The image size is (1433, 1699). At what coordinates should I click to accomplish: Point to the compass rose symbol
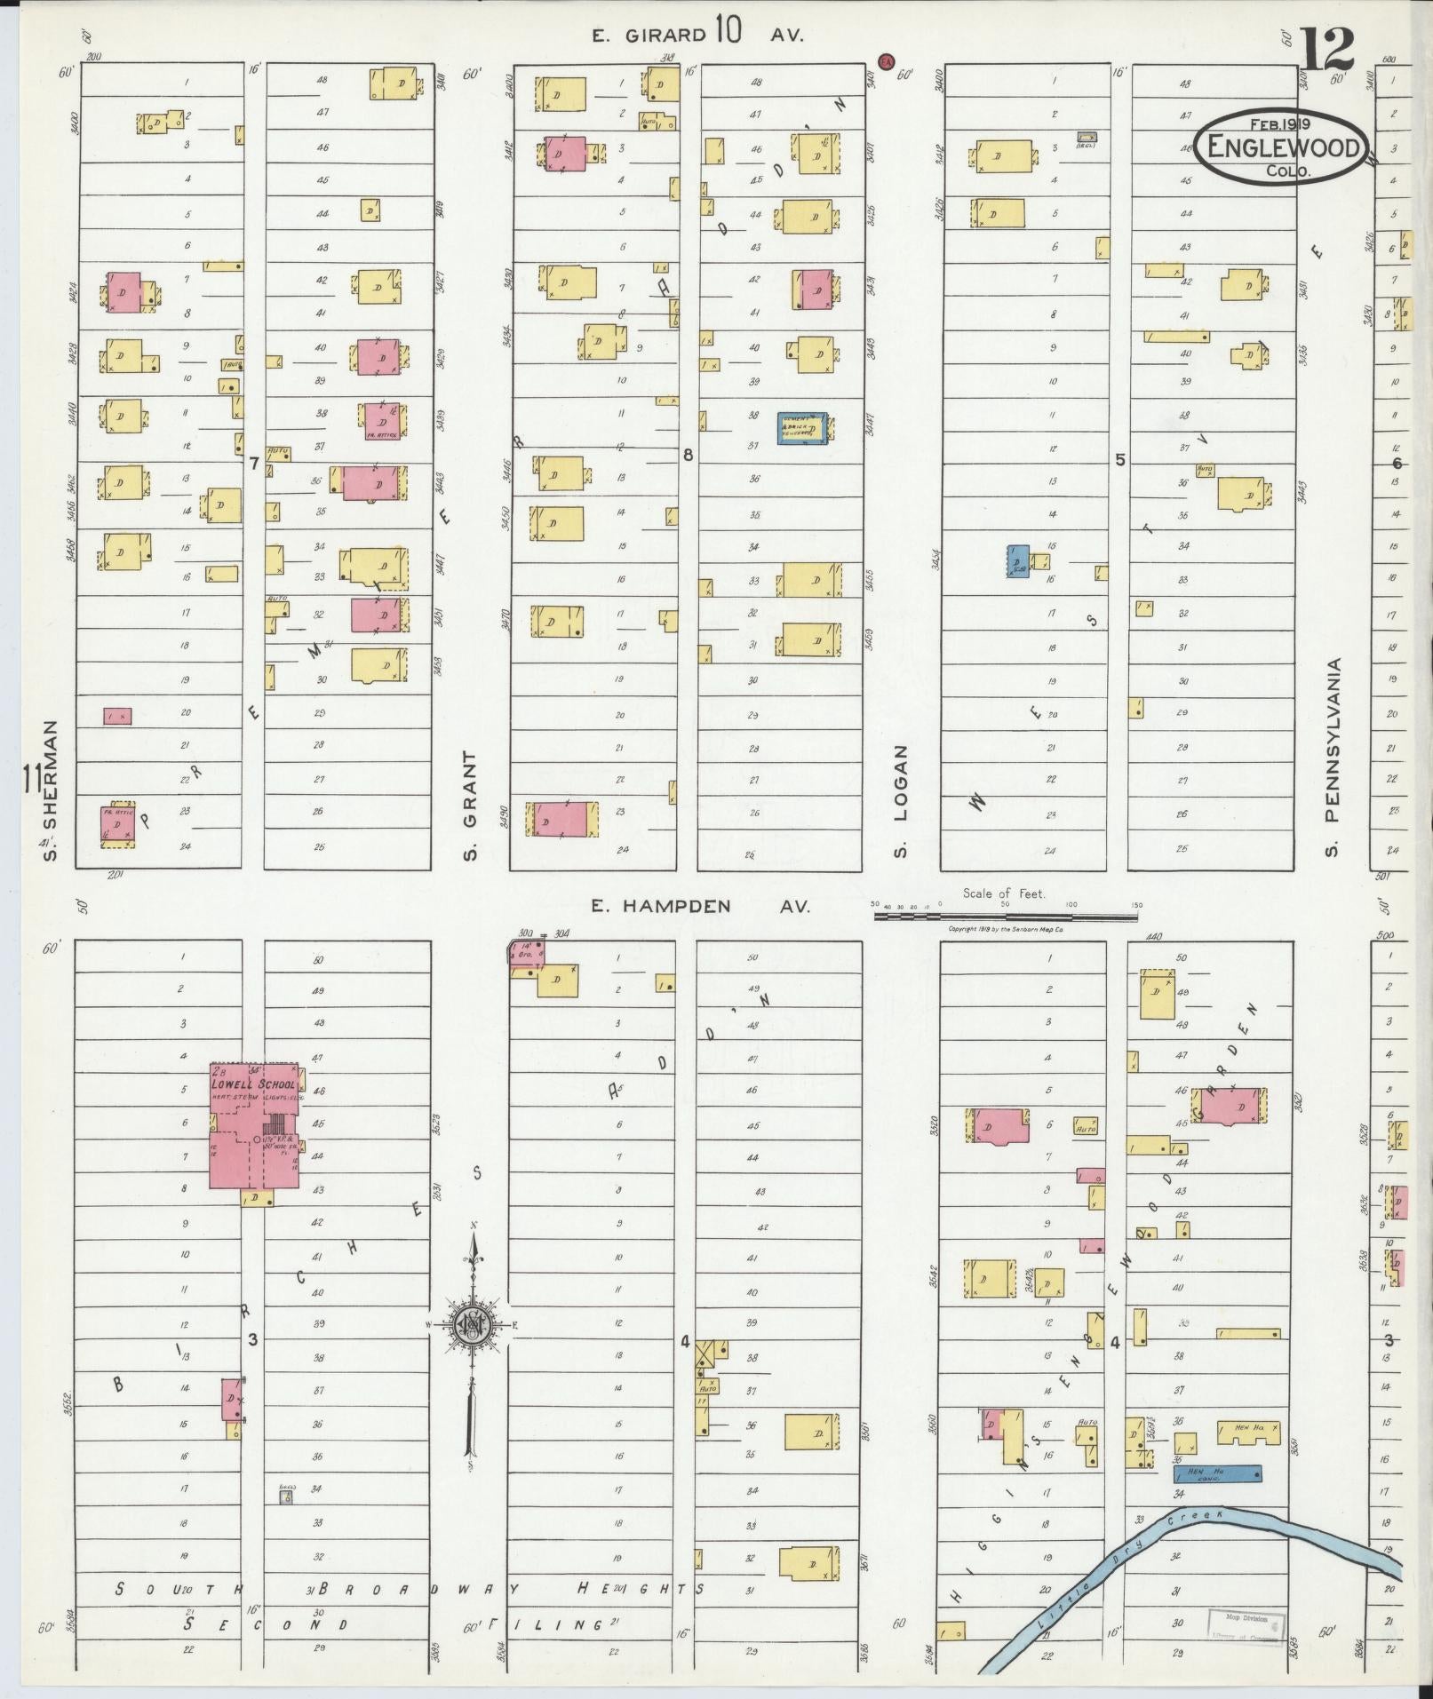pyautogui.click(x=471, y=1326)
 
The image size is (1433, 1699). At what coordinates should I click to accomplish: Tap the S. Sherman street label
pyautogui.click(x=51, y=790)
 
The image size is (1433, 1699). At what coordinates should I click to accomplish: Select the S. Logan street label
pyautogui.click(x=901, y=800)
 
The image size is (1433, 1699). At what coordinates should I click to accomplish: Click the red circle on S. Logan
pyautogui.click(x=885, y=60)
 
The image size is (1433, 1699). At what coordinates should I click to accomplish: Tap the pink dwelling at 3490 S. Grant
pyautogui.click(x=561, y=819)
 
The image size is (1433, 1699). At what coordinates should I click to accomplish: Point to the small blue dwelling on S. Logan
pyautogui.click(x=1018, y=561)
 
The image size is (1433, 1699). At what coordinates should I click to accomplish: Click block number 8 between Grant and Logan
pyautogui.click(x=687, y=456)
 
